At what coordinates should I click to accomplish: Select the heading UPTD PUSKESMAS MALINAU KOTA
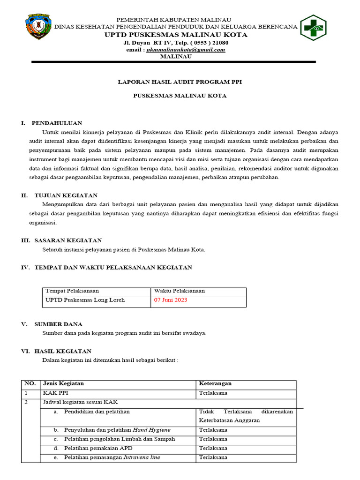(x=176, y=35)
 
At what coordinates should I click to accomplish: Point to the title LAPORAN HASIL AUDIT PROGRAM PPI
(x=180, y=82)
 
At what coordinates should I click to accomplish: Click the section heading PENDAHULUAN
(x=57, y=123)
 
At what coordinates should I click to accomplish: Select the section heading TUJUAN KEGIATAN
(x=66, y=195)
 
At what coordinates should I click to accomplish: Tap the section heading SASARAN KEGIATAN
(x=68, y=240)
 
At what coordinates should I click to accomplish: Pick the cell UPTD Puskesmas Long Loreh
(x=85, y=300)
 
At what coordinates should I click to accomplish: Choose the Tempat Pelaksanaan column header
(x=72, y=291)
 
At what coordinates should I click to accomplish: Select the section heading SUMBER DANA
(x=58, y=324)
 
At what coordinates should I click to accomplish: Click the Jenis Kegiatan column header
(x=63, y=383)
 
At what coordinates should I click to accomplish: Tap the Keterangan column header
(x=215, y=383)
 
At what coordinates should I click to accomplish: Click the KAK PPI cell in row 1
(x=58, y=393)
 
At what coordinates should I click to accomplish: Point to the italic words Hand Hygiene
(x=152, y=430)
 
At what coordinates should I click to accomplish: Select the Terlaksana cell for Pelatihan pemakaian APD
(x=213, y=448)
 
